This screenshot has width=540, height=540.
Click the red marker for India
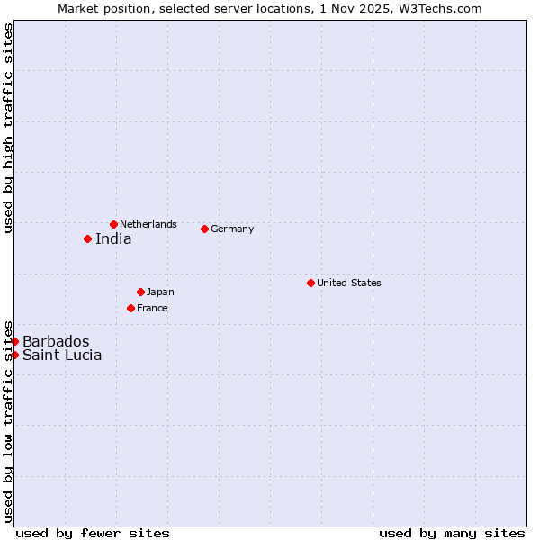pos(87,238)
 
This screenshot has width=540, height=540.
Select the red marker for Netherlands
pos(113,224)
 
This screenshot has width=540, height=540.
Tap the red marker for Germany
pos(204,229)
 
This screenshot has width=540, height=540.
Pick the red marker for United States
pos(310,283)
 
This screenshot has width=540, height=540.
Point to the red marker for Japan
pos(140,292)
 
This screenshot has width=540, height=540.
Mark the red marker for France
pos(130,308)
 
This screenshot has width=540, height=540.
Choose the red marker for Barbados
pos(15,341)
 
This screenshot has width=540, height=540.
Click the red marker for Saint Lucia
pos(15,355)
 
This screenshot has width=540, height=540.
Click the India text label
pos(113,238)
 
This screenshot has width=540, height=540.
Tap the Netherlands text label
pos(148,224)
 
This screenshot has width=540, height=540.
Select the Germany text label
pos(232,229)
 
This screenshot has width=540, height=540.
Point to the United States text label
pos(349,283)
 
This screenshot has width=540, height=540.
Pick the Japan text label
pos(160,292)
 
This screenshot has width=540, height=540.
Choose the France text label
pos(152,308)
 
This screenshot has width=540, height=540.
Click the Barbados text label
pos(56,341)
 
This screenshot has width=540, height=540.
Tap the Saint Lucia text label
pos(62,355)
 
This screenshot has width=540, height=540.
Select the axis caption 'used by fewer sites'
pos(93,533)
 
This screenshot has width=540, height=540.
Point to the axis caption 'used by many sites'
pos(452,533)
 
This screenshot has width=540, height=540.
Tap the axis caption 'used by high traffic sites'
pos(8,128)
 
